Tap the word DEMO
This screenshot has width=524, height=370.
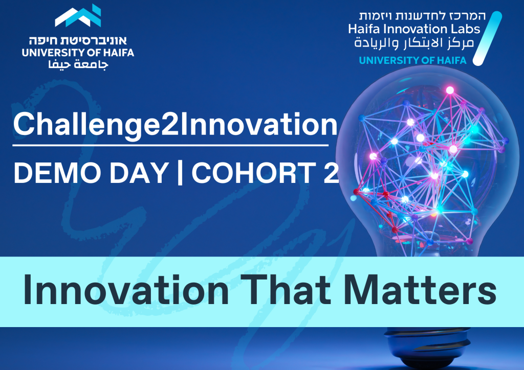pyautogui.click(x=57, y=173)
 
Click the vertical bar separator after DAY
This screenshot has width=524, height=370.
pyautogui.click(x=180, y=172)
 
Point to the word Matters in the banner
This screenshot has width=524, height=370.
pyautogui.click(x=420, y=290)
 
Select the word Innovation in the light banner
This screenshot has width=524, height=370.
pyautogui.click(x=126, y=290)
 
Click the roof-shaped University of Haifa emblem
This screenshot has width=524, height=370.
pyautogui.click(x=78, y=16)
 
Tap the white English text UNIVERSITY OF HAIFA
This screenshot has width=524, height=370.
pyautogui.click(x=78, y=52)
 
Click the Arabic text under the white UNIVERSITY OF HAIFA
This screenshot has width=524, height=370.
pyautogui.click(x=78, y=64)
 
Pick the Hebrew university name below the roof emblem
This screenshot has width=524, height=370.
pyautogui.click(x=78, y=41)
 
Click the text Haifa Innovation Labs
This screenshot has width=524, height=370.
pyautogui.click(x=414, y=29)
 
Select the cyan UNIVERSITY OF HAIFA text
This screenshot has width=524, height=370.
pyautogui.click(x=413, y=60)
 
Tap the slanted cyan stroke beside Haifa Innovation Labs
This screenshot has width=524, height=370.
pyautogui.click(x=487, y=38)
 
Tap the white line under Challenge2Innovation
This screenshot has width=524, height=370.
pyautogui.click(x=170, y=146)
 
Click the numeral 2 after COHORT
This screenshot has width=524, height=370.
pyautogui.click(x=331, y=173)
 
